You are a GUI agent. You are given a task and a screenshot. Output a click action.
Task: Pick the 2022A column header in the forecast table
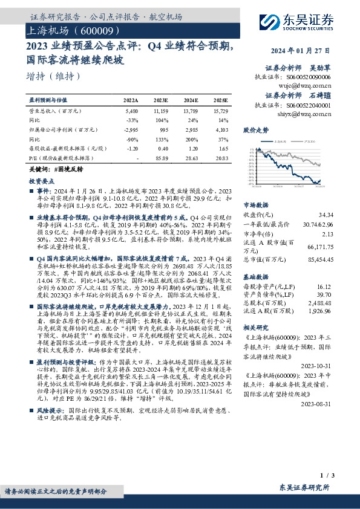pyautogui.click(x=131, y=100)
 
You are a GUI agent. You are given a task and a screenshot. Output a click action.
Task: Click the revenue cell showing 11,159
pyautogui.click(x=160, y=112)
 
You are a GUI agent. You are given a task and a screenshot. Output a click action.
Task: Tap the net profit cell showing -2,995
pyautogui.click(x=131, y=129)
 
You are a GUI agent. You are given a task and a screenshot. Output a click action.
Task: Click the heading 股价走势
pyautogui.click(x=255, y=129)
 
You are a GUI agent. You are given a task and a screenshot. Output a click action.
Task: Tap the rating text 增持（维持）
pyautogui.click(x=54, y=77)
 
